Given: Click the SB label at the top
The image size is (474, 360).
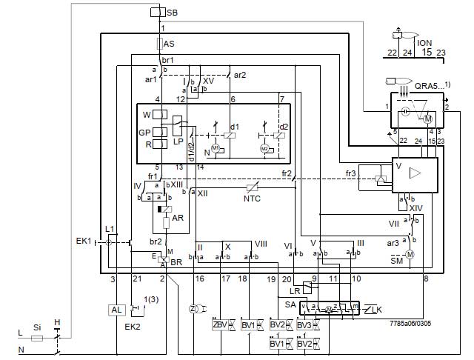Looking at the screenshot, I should [172, 13].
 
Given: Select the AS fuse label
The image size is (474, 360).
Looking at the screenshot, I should [170, 44].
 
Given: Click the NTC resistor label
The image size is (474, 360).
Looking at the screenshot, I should [253, 198].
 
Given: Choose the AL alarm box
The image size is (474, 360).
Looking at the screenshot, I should [116, 310].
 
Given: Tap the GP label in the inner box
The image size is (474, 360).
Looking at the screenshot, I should [144, 133].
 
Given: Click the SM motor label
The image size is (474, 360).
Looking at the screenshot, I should [397, 261].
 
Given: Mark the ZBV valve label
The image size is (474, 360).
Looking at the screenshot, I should [220, 324].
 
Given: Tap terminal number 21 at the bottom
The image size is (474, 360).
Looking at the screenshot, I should [136, 279].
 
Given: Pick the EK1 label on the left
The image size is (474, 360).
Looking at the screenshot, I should [84, 241].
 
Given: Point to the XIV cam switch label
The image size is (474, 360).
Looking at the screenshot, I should [415, 210].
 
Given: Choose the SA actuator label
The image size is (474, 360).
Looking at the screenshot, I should [290, 304].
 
